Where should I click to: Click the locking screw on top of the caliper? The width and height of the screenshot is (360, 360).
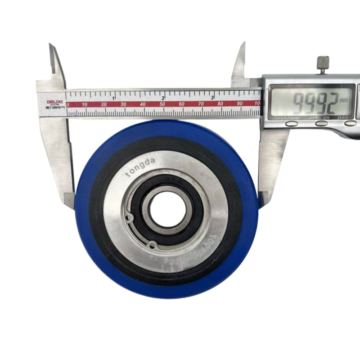click(x=323, y=63)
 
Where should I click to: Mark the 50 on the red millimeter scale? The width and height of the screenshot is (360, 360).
click(x=162, y=104)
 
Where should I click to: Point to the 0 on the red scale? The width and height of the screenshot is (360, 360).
click(x=68, y=104)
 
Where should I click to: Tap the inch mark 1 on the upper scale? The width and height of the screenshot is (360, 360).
click(x=113, y=97)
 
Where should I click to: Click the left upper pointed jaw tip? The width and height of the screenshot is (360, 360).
click(x=51, y=45)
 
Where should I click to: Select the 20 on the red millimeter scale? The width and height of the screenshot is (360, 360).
click(x=104, y=104)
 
